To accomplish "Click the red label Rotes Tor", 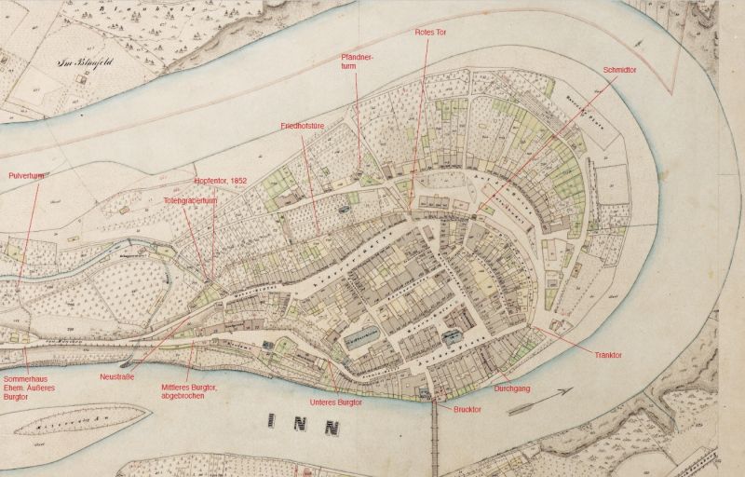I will coord(431,32).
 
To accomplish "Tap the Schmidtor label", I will coord(620,69).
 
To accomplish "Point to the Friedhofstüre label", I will coord(302,125).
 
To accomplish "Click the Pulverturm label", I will coord(26,175).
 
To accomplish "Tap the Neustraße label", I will coord(117,377).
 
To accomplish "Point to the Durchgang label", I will coord(512,388).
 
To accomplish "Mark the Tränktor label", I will coord(607,355).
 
